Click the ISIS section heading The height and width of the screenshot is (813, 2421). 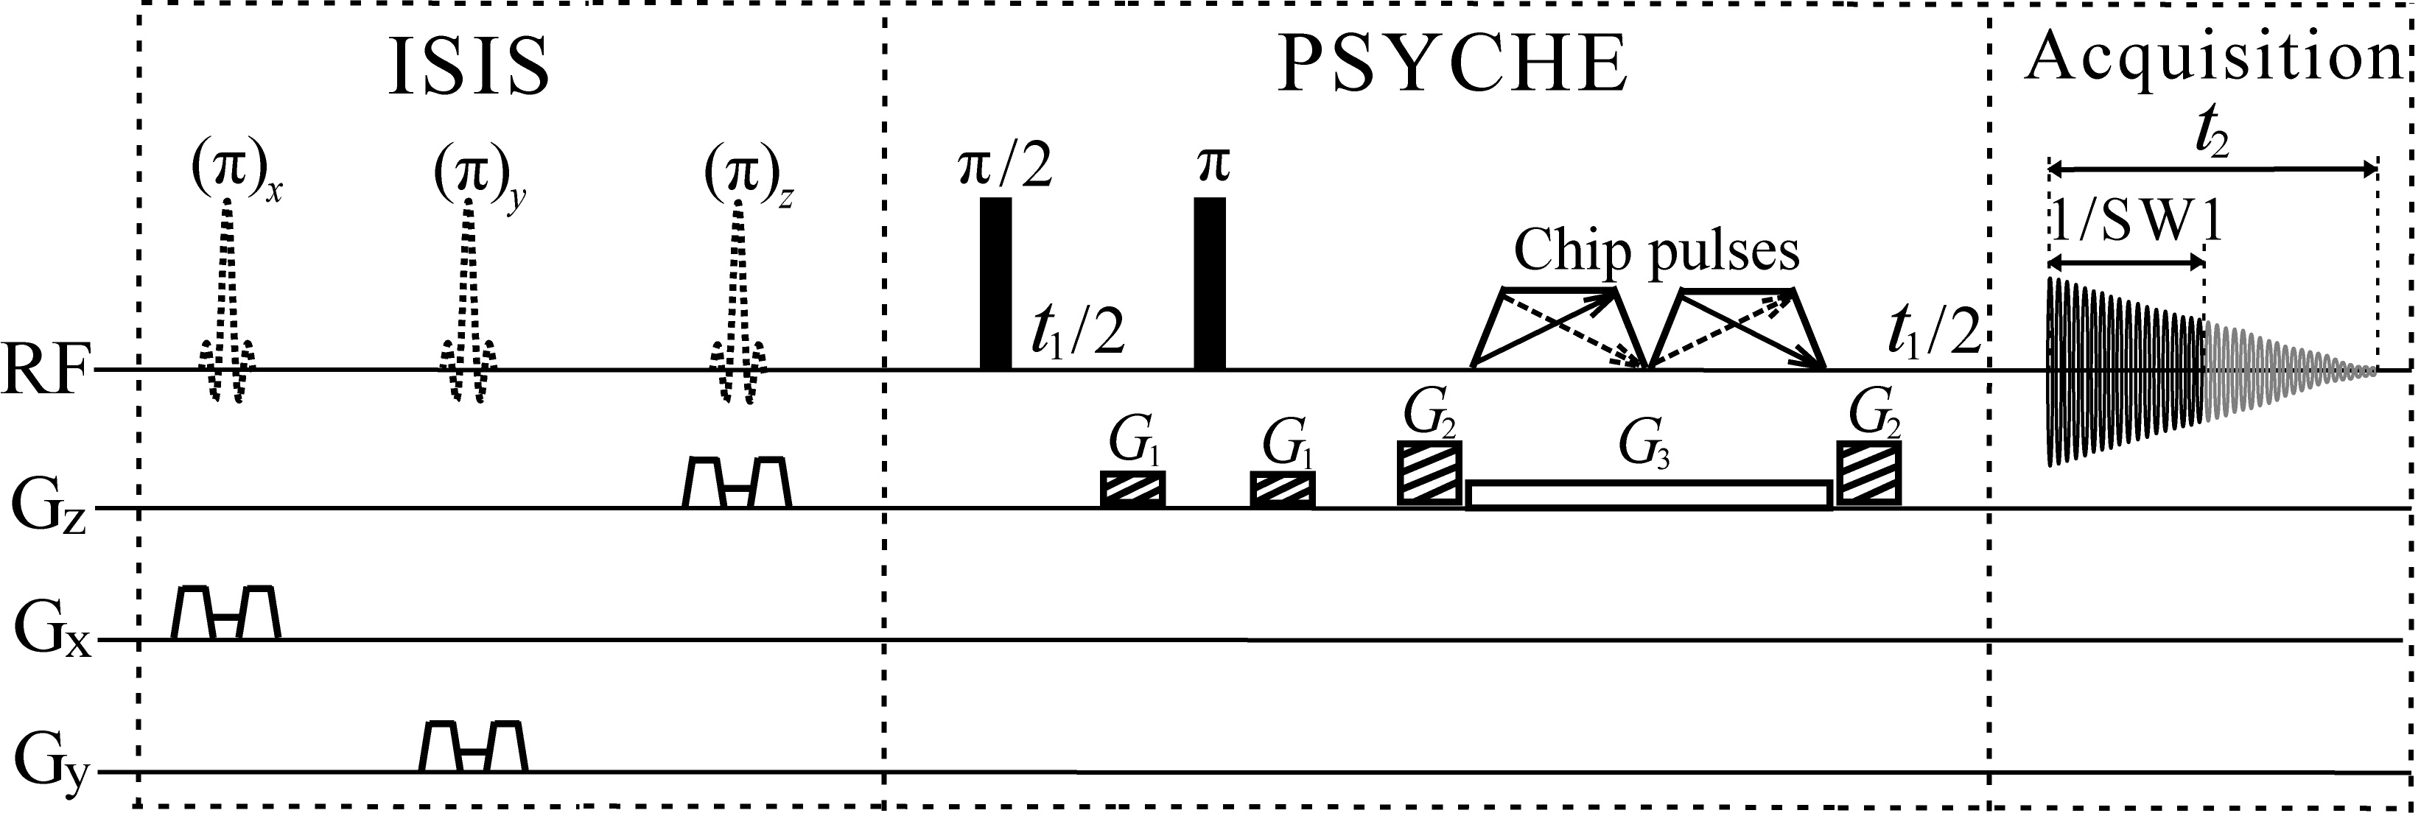469,65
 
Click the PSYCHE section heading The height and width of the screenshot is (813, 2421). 1453,65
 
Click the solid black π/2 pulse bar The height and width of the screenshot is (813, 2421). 995,283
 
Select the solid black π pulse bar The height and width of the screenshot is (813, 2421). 1210,283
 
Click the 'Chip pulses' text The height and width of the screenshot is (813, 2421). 1656,251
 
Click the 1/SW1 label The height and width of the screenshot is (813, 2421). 2134,228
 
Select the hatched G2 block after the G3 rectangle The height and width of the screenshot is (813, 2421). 1869,474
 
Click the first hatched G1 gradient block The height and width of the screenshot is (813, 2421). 1132,489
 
